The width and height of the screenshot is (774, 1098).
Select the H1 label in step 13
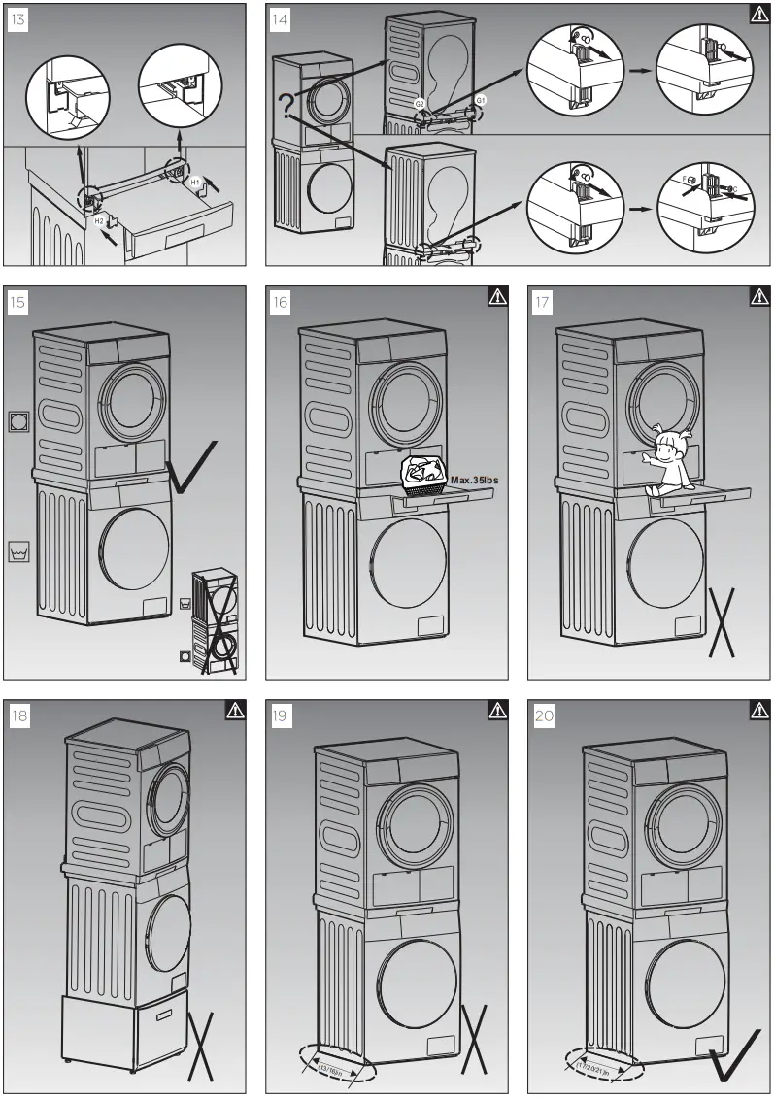194,183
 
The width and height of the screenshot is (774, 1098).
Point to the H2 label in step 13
99,221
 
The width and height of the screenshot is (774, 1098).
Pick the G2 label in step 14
420,103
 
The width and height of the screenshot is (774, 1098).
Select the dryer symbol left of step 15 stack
18,421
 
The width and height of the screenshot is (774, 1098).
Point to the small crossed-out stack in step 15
214,621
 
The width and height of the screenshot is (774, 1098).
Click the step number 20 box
545,715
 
